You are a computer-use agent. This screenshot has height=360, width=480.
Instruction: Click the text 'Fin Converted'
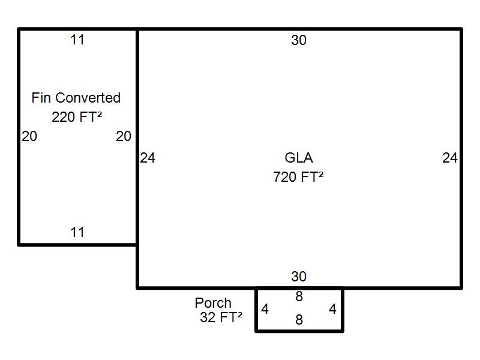(76, 98)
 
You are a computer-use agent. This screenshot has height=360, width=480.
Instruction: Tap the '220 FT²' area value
(77, 117)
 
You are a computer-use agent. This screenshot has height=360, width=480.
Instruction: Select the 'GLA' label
(299, 158)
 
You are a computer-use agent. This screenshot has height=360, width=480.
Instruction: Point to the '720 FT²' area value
(298, 177)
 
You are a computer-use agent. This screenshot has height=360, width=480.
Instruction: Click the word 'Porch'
(213, 303)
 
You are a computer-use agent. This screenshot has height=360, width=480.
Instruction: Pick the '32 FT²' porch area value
(221, 317)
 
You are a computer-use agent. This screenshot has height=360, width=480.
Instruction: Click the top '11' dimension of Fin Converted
(77, 40)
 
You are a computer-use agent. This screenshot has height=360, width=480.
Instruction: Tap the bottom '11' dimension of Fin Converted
(77, 232)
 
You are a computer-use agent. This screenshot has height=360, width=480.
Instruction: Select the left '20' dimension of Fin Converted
(29, 136)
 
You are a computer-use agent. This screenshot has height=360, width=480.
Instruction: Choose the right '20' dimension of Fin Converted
(124, 136)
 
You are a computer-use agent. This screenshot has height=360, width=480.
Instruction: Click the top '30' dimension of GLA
(299, 40)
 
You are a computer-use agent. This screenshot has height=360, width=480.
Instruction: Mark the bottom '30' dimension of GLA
(299, 277)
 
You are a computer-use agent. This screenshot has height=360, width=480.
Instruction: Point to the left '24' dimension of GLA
(148, 158)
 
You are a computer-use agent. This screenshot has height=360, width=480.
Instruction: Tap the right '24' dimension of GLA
(450, 158)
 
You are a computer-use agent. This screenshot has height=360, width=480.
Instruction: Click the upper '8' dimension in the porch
(299, 296)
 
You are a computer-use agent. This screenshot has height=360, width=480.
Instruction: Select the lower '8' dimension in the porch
(299, 320)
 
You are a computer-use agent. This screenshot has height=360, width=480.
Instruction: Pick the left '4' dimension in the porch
(265, 309)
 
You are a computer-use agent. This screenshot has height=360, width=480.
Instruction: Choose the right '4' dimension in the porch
(333, 309)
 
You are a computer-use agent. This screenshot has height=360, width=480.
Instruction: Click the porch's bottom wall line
(299, 331)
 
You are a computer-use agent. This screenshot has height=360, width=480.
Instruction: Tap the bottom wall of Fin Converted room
(77, 245)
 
